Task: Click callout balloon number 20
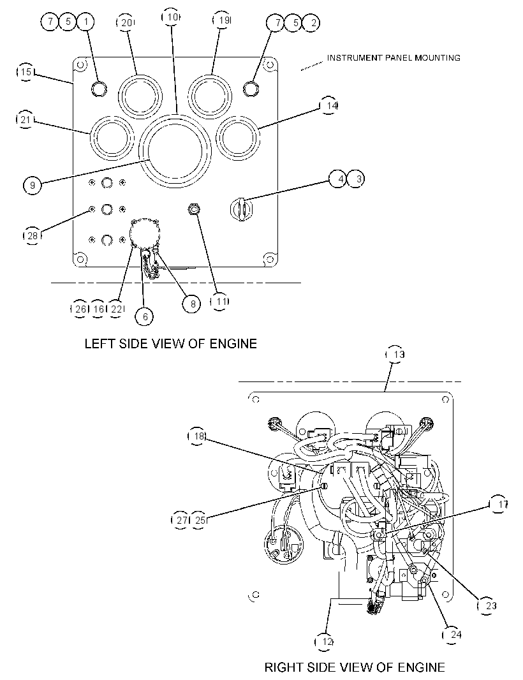(126, 22)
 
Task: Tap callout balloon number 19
(223, 20)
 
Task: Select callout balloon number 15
(26, 71)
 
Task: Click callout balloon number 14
(328, 105)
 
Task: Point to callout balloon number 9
(32, 186)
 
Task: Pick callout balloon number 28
(32, 235)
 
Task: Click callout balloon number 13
(395, 354)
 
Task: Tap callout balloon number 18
(197, 436)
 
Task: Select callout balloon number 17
(499, 505)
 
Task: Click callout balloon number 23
(487, 605)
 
